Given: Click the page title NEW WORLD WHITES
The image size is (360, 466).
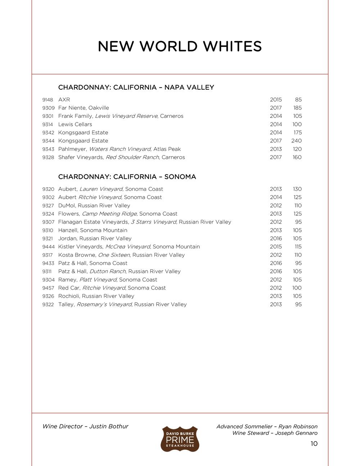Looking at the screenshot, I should (x=180, y=46).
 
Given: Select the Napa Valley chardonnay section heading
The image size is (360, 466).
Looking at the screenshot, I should (x=136, y=88).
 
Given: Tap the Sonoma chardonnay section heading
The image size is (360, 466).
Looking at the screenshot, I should (x=127, y=177).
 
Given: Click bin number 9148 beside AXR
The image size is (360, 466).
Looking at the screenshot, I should (x=48, y=100).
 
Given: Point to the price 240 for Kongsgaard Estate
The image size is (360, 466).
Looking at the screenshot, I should (x=297, y=141).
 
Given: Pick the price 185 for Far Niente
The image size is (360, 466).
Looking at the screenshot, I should (x=297, y=108).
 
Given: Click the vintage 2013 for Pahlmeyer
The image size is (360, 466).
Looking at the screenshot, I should (x=276, y=149).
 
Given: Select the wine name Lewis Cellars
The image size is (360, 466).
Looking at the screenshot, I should (x=75, y=125).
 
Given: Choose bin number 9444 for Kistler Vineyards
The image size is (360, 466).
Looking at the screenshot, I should (x=48, y=247).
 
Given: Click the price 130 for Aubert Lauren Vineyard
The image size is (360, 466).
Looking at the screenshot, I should (x=297, y=189).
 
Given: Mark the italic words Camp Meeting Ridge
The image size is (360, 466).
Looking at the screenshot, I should (x=109, y=214).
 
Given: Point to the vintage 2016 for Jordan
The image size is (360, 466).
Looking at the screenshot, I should (x=276, y=239).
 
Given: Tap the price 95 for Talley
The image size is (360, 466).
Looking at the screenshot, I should (x=298, y=305).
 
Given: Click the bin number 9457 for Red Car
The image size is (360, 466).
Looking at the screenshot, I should (x=48, y=288).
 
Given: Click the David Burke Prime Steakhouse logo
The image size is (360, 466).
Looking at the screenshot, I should (x=180, y=439).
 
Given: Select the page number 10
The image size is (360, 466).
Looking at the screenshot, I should (x=314, y=444).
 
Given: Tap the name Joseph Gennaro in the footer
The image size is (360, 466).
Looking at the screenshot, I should (x=296, y=433).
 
